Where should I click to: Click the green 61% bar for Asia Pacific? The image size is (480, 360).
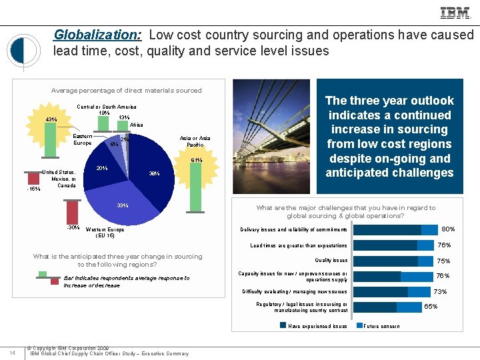pyautogui.click(x=195, y=186)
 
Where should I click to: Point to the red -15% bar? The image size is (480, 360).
pyautogui.click(x=33, y=177)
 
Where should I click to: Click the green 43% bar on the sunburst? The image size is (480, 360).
pyautogui.click(x=50, y=133)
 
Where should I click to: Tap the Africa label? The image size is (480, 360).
pyautogui.click(x=136, y=125)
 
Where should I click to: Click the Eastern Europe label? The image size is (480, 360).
pyautogui.click(x=83, y=139)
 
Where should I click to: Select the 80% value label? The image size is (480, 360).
pyautogui.click(x=447, y=229)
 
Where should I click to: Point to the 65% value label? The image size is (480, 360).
pyautogui.click(x=431, y=307)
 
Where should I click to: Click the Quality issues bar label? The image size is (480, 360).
pyautogui.click(x=331, y=261)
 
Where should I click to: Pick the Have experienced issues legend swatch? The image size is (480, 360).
pyautogui.click(x=283, y=326)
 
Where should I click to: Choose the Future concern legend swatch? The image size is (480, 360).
pyautogui.click(x=360, y=326)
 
